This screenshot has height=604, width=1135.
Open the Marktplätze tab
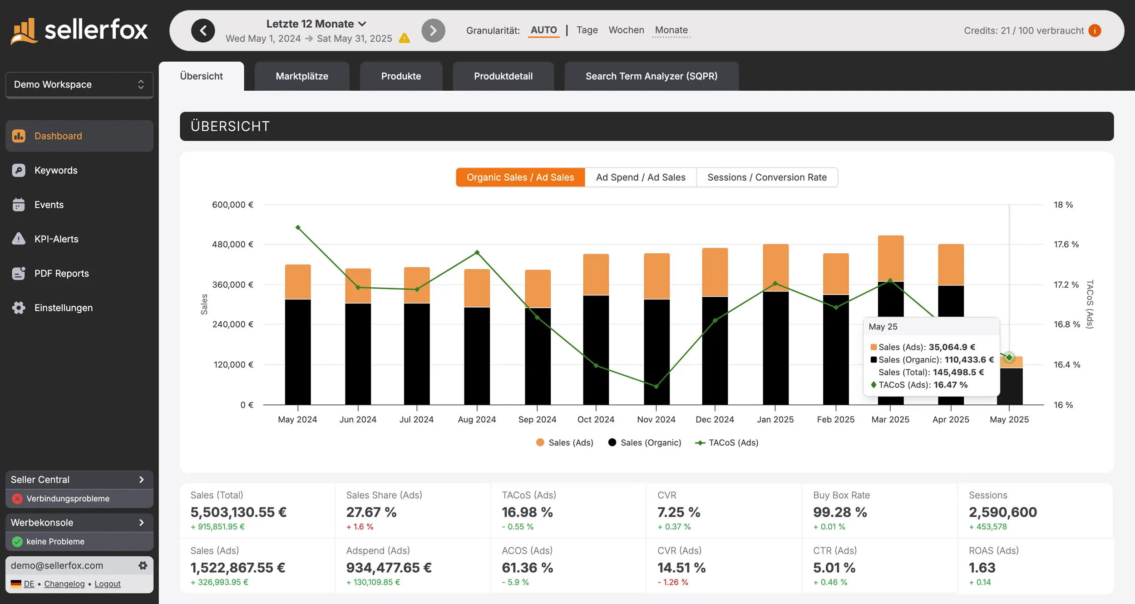tap(302, 76)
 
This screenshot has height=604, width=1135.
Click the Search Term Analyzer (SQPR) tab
tap(651, 76)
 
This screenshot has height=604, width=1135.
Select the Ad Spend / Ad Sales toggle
tap(640, 177)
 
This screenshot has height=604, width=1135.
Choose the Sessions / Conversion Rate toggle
tap(767, 177)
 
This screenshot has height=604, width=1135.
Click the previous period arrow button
tap(203, 31)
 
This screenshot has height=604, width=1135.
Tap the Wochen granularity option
tap(626, 30)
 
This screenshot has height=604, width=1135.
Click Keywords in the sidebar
tap(56, 170)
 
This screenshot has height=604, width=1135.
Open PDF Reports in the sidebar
tap(61, 273)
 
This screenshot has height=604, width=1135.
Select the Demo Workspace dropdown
tap(79, 84)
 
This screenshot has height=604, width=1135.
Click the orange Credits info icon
tap(1095, 30)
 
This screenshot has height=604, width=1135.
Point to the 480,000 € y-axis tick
tap(232, 245)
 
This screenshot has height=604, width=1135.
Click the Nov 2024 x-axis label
tap(656, 420)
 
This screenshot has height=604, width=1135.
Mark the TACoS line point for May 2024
tap(298, 227)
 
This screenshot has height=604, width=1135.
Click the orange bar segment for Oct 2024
tap(596, 275)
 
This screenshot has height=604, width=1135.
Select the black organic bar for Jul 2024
tap(416, 354)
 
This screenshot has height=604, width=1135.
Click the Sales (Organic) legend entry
tap(645, 442)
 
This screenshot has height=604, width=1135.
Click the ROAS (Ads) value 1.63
tap(982, 568)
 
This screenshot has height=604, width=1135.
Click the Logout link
tap(108, 584)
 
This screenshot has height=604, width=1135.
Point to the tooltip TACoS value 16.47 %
tap(950, 385)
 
